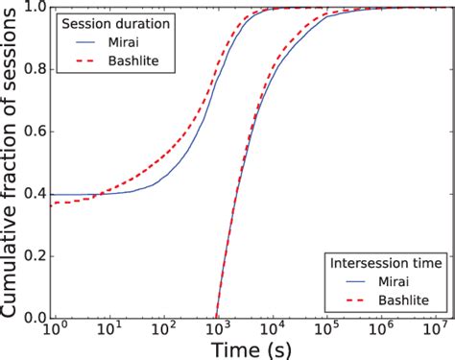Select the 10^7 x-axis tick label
(437, 329)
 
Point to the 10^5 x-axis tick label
(327, 329)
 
